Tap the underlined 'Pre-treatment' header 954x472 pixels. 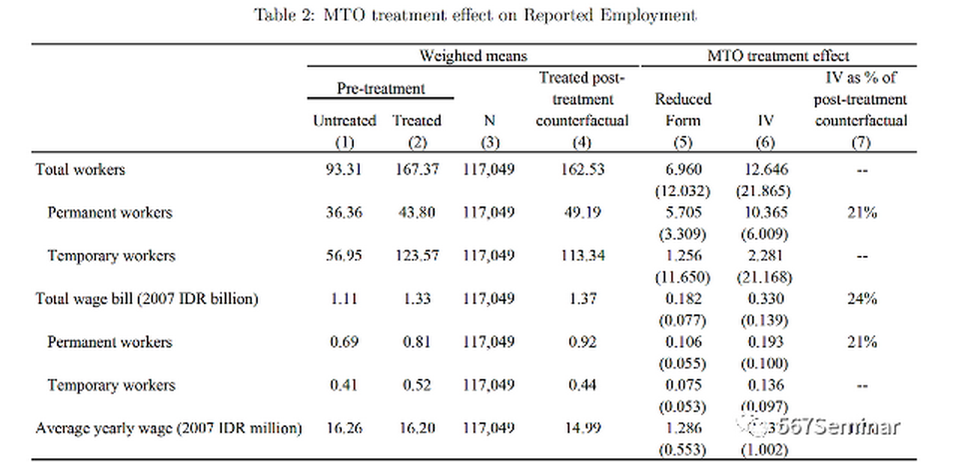380,88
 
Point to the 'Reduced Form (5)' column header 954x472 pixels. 682,110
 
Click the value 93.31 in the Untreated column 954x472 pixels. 345,169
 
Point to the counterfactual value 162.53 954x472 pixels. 582,169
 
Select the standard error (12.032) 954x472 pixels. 683,189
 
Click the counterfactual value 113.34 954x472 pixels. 582,255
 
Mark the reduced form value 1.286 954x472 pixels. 683,428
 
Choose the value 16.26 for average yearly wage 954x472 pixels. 345,428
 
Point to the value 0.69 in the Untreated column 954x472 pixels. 345,341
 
